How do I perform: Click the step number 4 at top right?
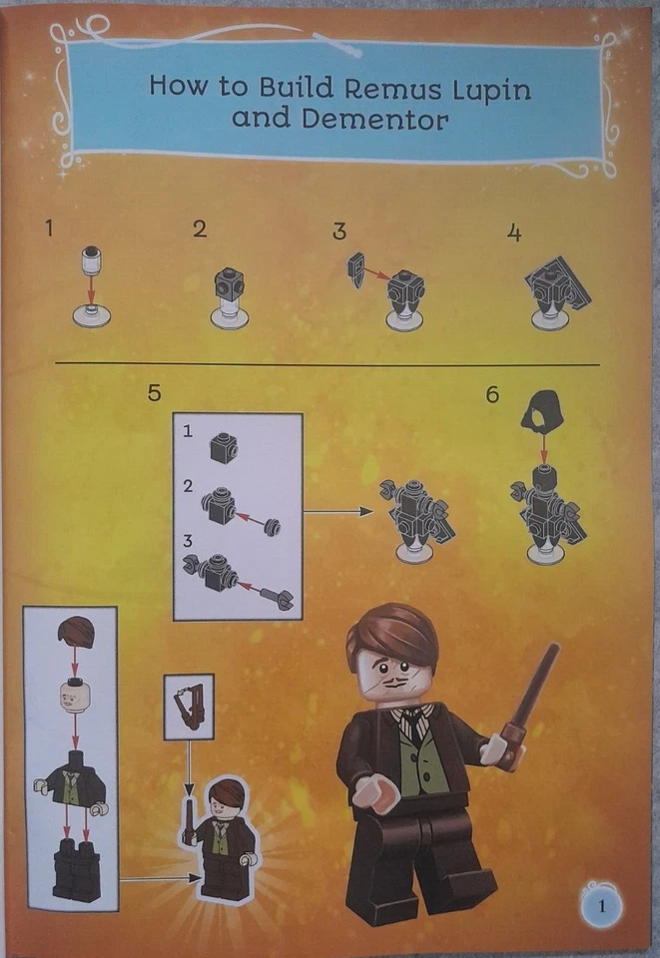click(514, 233)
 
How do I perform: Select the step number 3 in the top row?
click(339, 232)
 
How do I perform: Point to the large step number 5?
click(154, 392)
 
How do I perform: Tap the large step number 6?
click(491, 394)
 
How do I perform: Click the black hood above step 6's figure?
click(543, 410)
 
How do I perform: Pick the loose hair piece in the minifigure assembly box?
click(76, 632)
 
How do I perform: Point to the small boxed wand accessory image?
click(188, 707)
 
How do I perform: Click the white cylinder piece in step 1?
click(92, 258)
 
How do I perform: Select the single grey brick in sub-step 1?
click(223, 448)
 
